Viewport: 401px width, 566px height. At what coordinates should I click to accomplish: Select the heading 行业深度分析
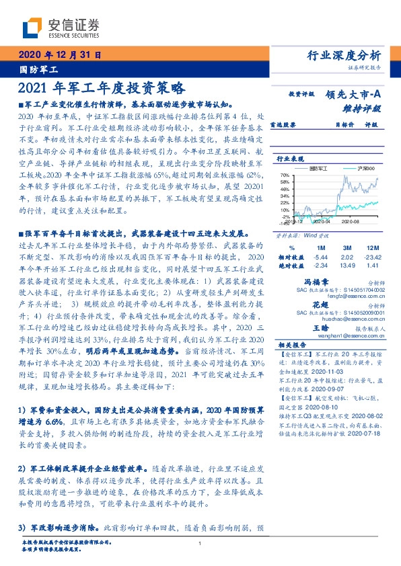point(343,56)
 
